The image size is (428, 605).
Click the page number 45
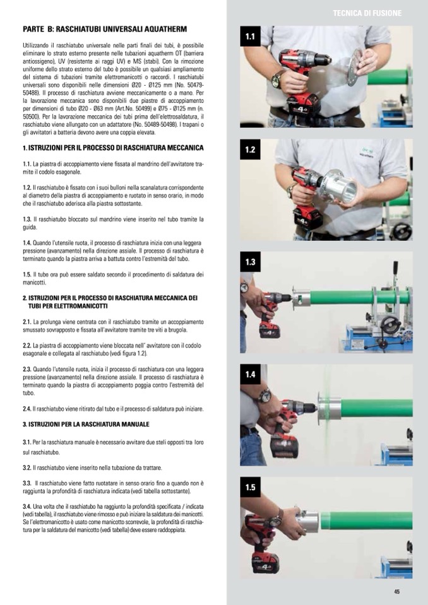pos(396,592)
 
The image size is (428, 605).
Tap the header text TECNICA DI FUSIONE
pos(367,13)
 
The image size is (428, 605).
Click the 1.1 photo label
pos(250,37)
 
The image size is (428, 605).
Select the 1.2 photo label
pos(250,150)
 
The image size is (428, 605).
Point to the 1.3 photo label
pos(250,262)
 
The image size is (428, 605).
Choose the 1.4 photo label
pos(250,374)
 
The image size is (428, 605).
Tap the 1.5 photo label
pos(250,487)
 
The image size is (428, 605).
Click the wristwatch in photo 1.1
pos(276,79)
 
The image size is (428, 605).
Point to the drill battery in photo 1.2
pos(308,218)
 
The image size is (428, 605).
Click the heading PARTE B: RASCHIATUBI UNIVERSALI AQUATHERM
pos(105,29)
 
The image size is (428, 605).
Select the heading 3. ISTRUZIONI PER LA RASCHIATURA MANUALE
pos(86,424)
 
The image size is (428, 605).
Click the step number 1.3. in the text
pos(27,219)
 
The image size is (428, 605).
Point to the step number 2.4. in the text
pos(27,409)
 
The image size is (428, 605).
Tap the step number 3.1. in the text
pos(27,442)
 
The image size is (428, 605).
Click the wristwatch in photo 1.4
pos(265,396)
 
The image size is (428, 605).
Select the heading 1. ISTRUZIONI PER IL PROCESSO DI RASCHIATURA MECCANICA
pos(113,148)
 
